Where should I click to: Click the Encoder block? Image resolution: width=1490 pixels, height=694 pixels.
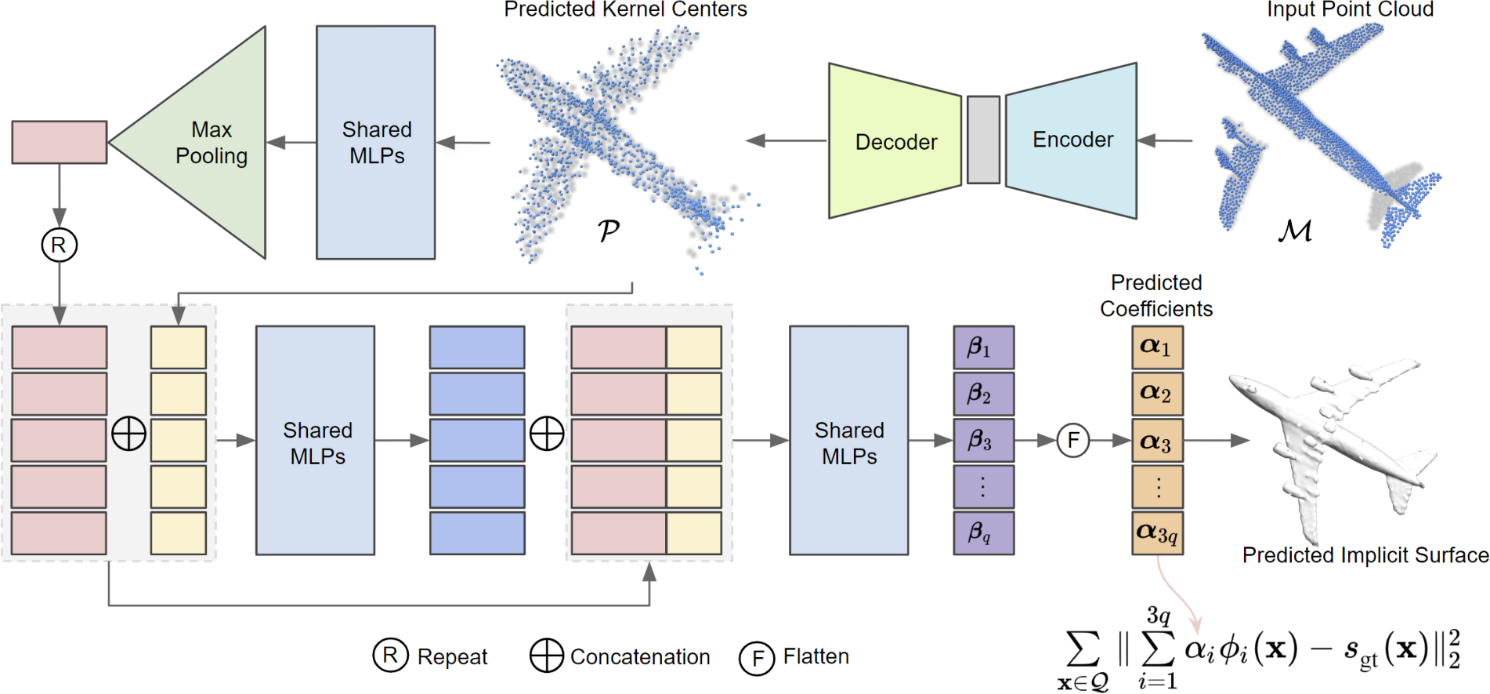[1072, 140]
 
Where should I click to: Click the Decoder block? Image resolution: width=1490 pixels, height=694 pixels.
[895, 141]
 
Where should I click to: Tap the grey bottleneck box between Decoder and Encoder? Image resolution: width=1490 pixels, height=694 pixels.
[983, 140]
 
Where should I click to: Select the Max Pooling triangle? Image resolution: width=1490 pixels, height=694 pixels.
[208, 143]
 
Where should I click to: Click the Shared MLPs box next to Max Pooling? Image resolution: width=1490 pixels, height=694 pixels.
[375, 143]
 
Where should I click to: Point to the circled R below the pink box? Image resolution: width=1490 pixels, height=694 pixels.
[59, 245]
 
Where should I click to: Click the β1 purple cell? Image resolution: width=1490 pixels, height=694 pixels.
[983, 347]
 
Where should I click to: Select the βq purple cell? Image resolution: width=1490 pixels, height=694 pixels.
[983, 533]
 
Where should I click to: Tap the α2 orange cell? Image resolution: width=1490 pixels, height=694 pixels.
[1157, 394]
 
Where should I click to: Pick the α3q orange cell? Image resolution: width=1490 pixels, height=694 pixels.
[1157, 533]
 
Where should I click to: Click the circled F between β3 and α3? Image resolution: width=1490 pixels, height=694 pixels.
[1072, 441]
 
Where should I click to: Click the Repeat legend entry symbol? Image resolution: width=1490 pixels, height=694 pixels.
[390, 656]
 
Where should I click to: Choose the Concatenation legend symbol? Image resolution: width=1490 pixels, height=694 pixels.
[546, 656]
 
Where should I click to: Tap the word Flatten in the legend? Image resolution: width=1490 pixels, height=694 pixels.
[816, 656]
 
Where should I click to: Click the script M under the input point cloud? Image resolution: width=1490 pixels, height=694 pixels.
[1294, 230]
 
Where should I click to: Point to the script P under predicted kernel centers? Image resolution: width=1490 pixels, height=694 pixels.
[608, 230]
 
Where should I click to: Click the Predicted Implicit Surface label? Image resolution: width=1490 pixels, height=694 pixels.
[1365, 555]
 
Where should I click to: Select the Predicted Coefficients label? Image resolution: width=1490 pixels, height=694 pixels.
[1155, 296]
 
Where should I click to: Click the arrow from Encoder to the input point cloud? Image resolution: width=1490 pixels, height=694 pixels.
[1165, 140]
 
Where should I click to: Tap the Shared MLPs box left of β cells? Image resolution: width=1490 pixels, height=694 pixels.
[848, 441]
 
